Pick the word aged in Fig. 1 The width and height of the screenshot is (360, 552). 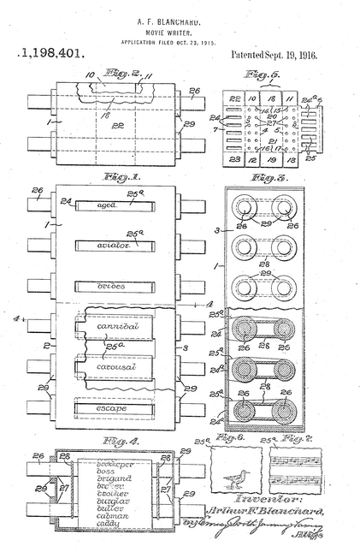107,205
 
